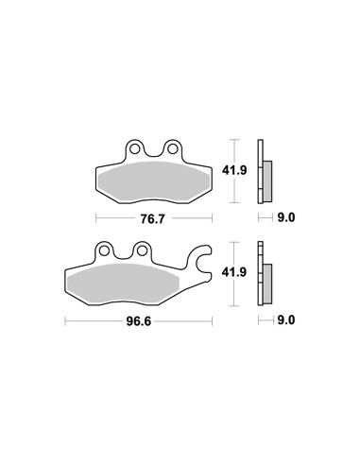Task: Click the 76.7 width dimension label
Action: point(152,218)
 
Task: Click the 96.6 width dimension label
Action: point(139,321)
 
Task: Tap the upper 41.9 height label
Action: point(234,170)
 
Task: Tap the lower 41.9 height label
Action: point(234,272)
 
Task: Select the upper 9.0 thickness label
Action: point(286,217)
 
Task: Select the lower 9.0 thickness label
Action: point(286,320)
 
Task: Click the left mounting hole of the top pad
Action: point(135,148)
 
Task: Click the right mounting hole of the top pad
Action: point(172,148)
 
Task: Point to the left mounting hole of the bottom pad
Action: point(104,250)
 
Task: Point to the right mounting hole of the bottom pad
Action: point(142,250)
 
